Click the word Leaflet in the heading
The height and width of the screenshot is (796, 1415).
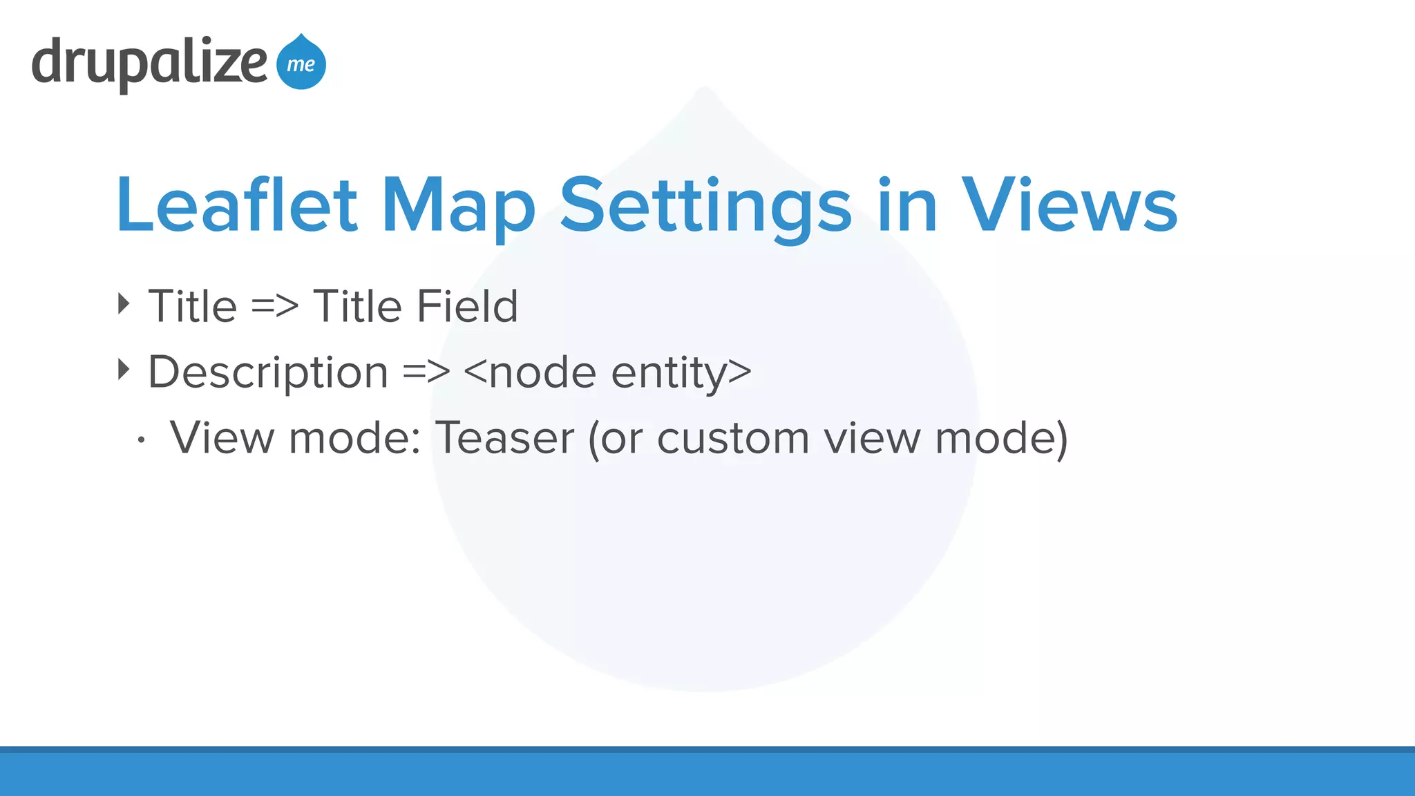coord(236,205)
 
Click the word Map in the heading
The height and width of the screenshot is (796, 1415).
coord(458,205)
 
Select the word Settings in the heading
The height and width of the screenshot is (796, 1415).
coord(705,205)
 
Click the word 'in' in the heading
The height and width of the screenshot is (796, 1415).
coord(906,205)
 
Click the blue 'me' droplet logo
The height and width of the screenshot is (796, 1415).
coord(301,64)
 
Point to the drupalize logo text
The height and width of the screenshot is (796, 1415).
coord(149,64)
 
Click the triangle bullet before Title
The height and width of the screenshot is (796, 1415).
coord(124,303)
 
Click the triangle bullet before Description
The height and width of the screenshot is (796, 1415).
coord(124,370)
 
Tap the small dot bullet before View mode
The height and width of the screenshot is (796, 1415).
coord(141,439)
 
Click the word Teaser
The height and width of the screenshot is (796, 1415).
coord(504,438)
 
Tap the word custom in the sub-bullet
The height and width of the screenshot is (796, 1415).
coord(732,438)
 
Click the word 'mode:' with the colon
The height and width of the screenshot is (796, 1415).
coord(354,438)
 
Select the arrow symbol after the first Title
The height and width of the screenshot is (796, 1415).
coord(274,306)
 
